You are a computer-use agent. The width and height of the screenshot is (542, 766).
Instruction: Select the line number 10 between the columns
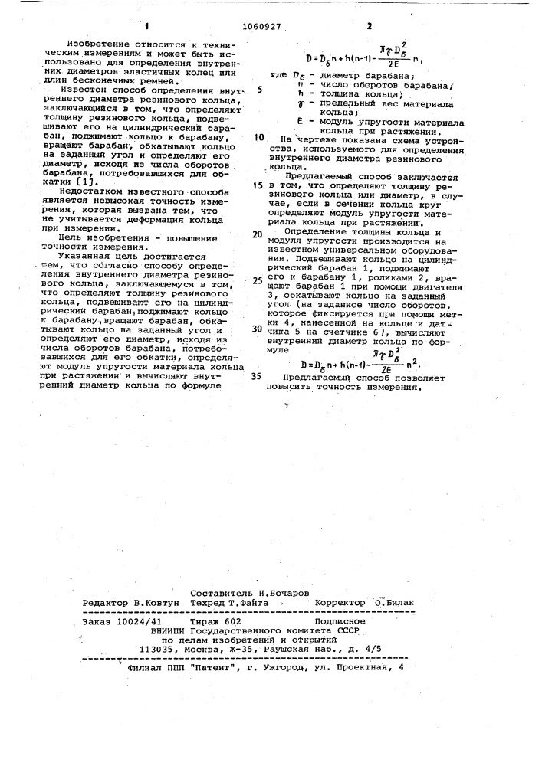(261, 138)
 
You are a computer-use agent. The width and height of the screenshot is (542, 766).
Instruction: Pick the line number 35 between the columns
(257, 376)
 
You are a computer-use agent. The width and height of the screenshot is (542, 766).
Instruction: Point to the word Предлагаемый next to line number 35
(317, 377)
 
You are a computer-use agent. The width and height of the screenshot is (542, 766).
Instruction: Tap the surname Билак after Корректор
(398, 603)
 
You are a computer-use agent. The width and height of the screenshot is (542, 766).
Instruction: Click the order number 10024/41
(138, 621)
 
